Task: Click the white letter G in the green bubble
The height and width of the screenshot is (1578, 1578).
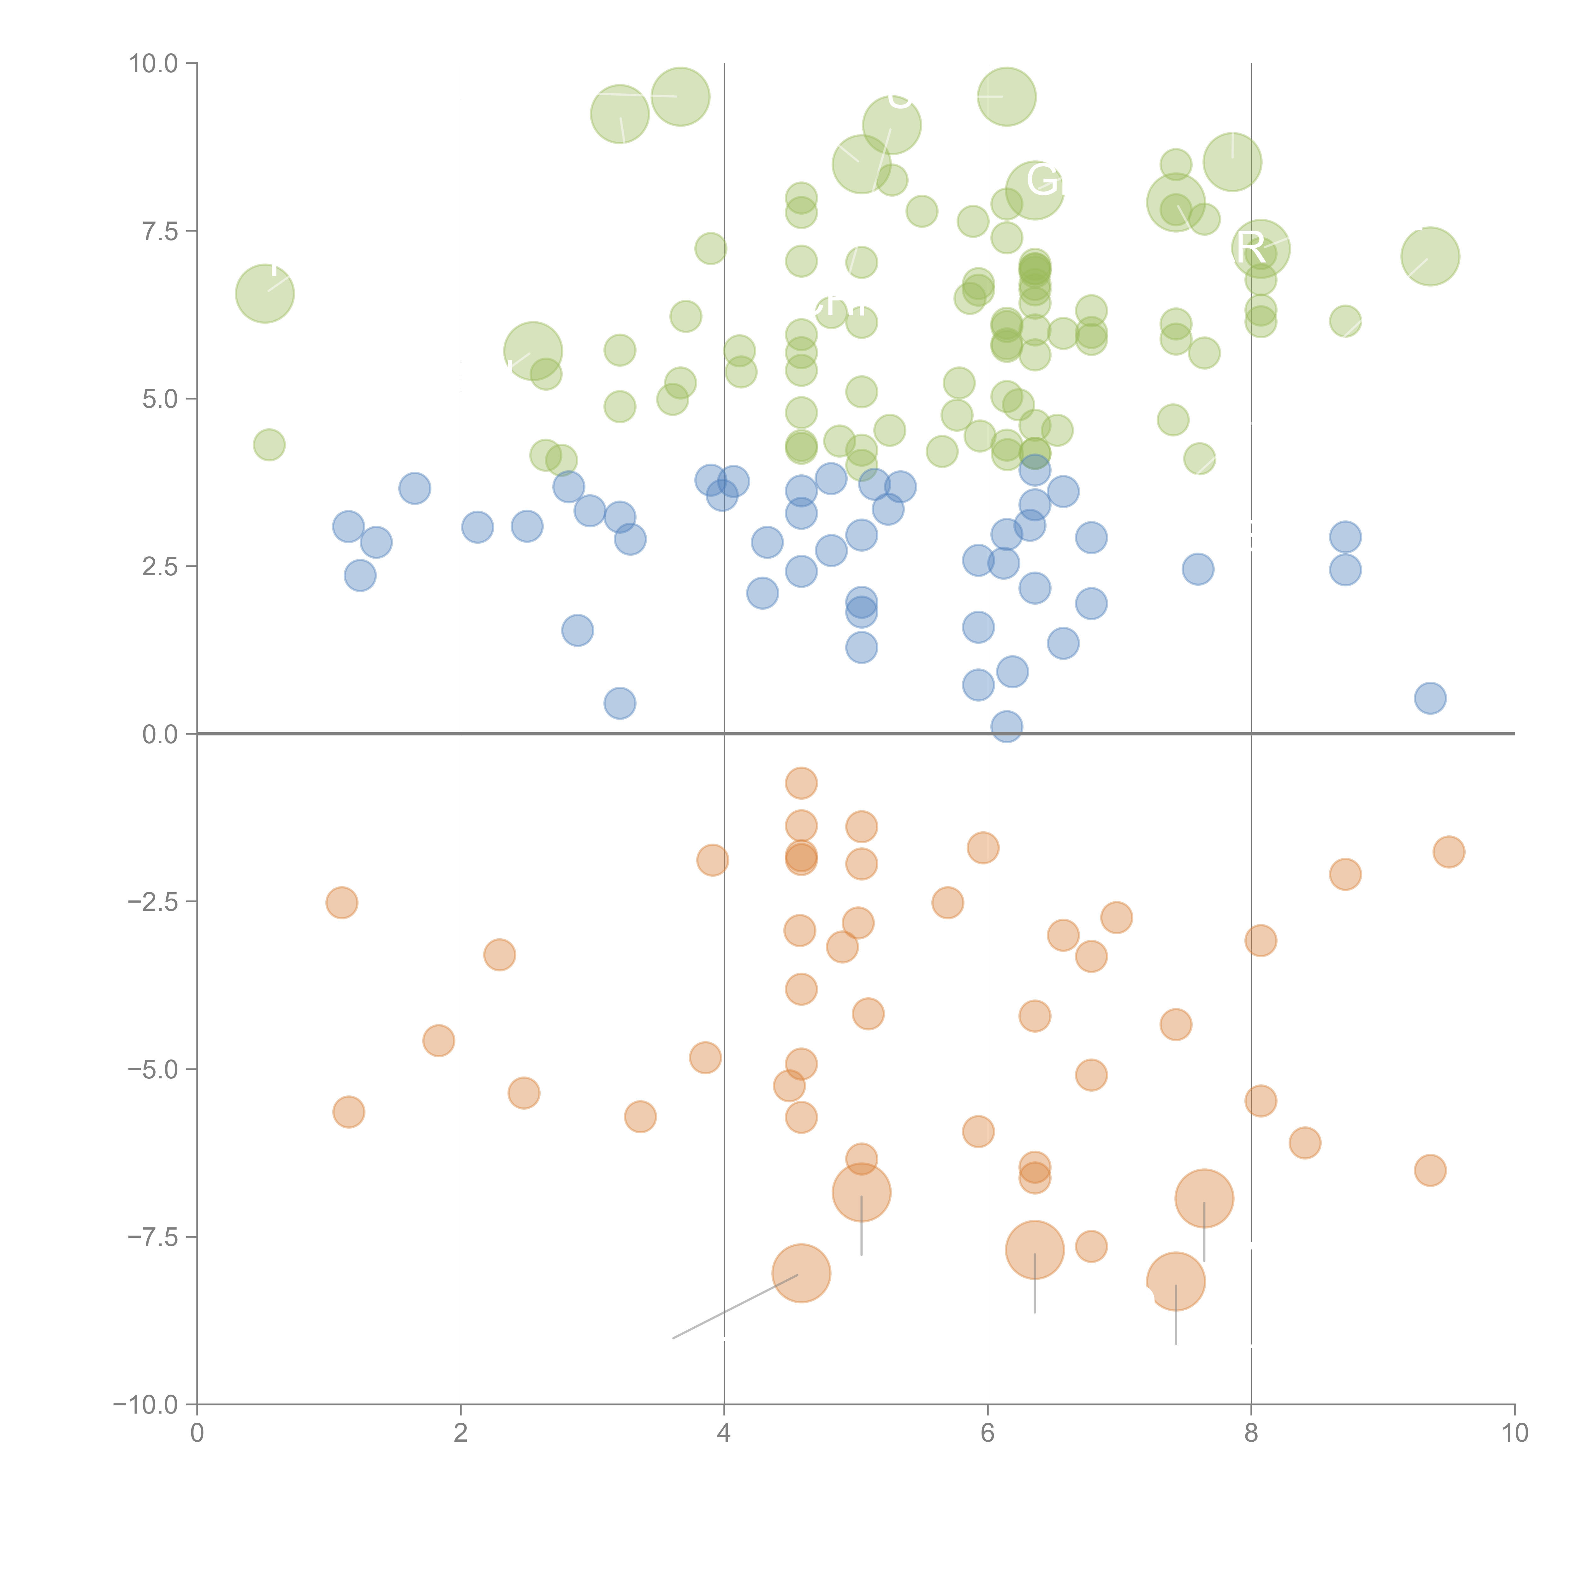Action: pyautogui.click(x=1040, y=180)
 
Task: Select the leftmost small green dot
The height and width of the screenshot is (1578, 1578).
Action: pyautogui.click(x=269, y=445)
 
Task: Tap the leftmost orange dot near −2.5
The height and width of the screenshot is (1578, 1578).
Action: pyautogui.click(x=341, y=903)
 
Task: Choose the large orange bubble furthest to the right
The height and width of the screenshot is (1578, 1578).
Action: pyautogui.click(x=1204, y=1198)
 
